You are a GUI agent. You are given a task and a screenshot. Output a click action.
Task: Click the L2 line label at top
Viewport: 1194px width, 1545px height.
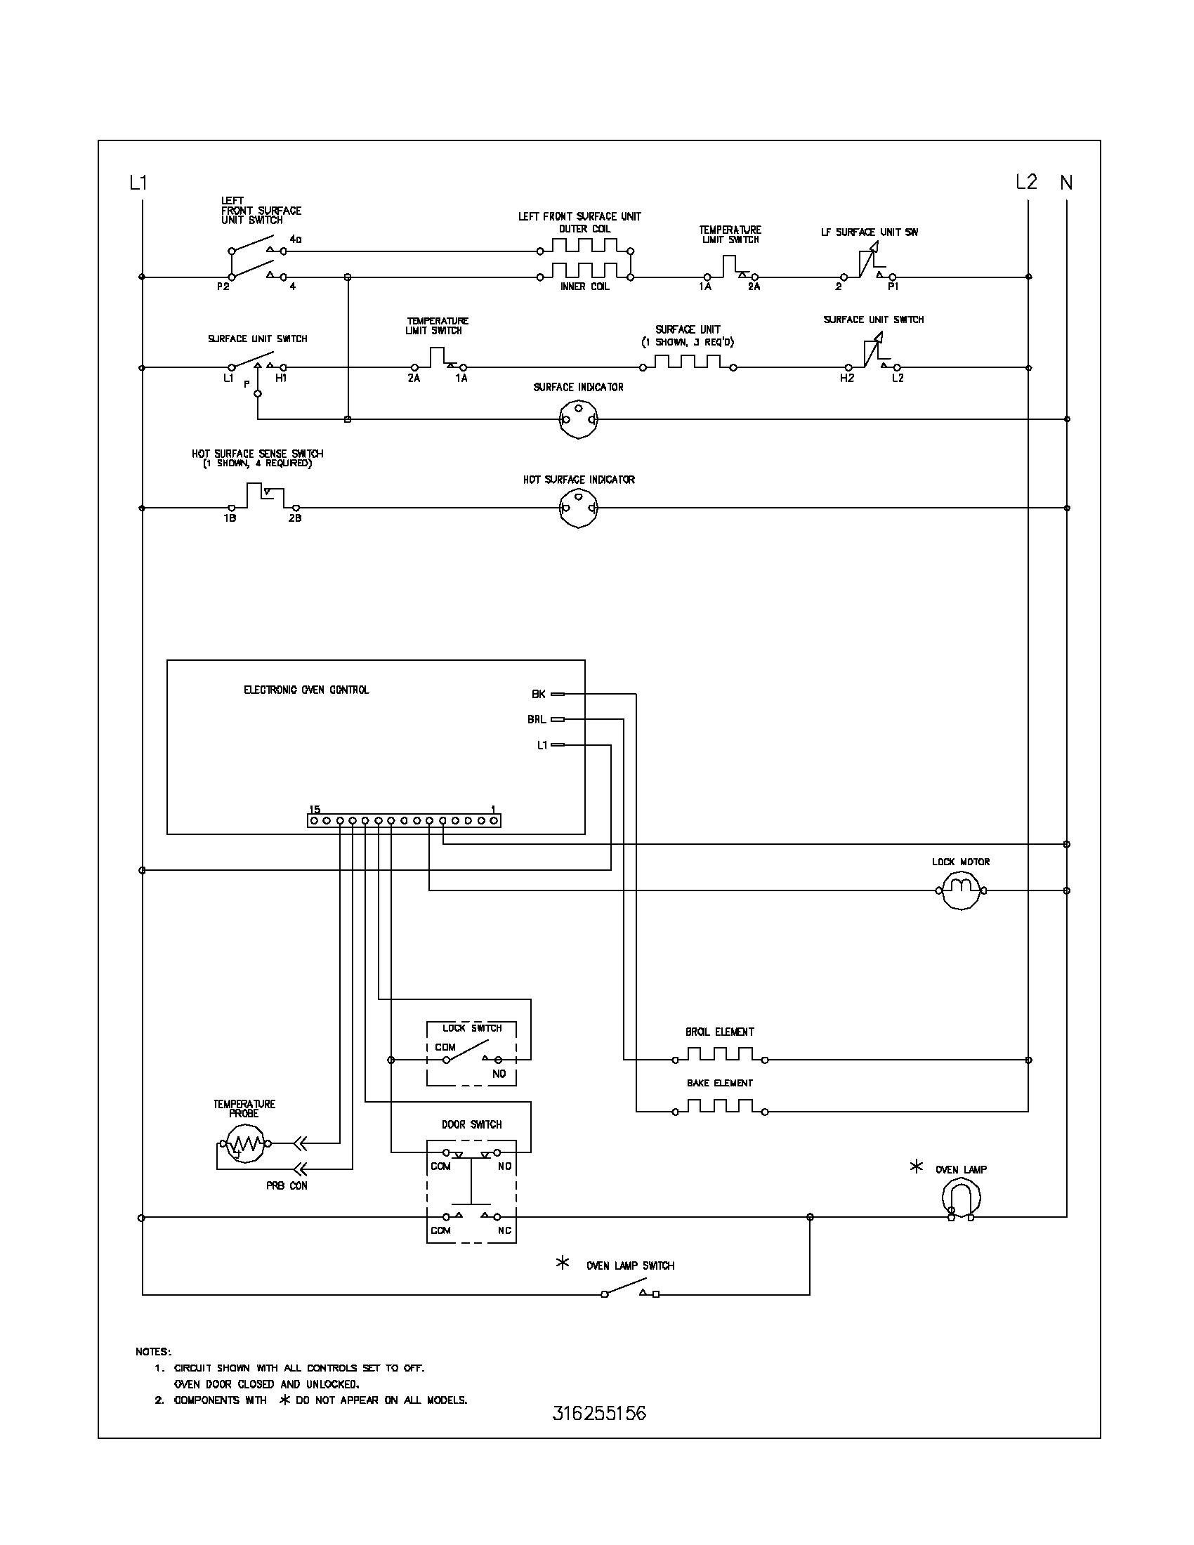[x=1025, y=183]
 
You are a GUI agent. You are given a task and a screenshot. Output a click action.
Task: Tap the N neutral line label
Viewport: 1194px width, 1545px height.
[x=1066, y=183]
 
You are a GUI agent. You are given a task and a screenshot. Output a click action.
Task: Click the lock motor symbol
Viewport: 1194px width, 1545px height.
[x=960, y=890]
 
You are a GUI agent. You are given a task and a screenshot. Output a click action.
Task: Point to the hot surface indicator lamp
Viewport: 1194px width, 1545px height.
[x=578, y=508]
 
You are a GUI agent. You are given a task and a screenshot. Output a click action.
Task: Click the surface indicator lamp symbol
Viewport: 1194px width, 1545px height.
[x=578, y=419]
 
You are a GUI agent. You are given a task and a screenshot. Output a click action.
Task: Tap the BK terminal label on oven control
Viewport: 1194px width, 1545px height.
[x=538, y=695]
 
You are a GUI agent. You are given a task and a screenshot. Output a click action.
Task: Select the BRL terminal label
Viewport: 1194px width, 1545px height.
[x=536, y=719]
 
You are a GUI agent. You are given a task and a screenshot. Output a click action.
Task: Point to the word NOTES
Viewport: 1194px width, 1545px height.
[x=153, y=1352]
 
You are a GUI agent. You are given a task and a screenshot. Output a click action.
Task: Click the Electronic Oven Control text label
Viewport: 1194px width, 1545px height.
[x=306, y=690]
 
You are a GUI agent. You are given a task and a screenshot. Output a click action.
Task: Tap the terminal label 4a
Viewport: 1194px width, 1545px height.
[x=295, y=239]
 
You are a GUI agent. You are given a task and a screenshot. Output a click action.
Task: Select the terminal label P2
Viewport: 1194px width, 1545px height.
[x=223, y=287]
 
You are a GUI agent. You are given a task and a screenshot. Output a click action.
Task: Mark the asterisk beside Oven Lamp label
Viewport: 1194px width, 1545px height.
[x=916, y=1166]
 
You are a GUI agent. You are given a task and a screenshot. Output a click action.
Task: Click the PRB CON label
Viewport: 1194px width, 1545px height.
[x=287, y=1185]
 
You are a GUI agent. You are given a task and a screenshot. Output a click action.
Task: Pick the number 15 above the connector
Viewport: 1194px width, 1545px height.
[x=315, y=809]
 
